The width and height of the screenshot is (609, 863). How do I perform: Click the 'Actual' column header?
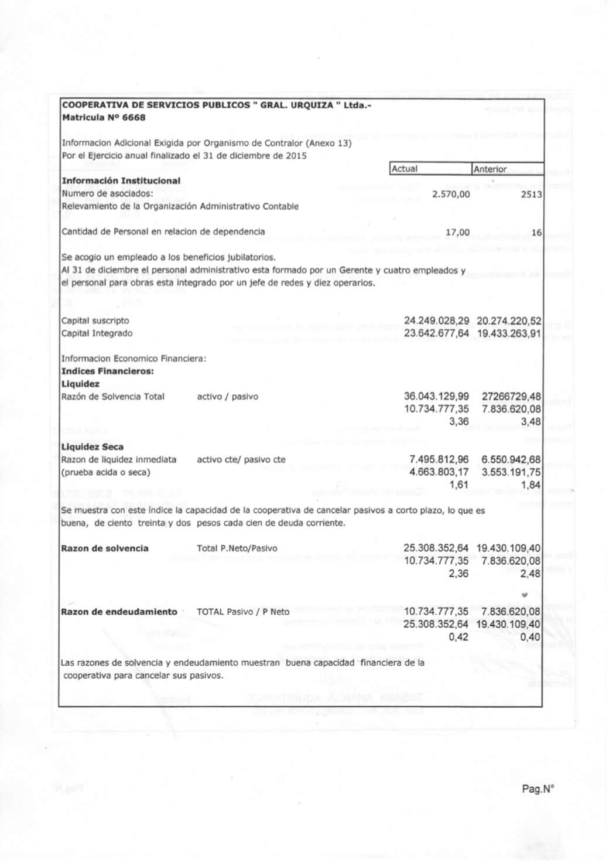click(405, 169)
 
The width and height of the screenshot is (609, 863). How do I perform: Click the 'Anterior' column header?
click(490, 169)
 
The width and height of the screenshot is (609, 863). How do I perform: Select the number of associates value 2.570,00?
click(450, 194)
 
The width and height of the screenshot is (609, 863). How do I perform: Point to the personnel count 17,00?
click(457, 232)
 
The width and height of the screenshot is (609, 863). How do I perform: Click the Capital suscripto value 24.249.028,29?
click(436, 321)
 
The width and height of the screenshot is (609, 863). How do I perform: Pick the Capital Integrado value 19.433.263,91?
click(509, 333)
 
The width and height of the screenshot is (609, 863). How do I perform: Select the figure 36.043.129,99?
click(436, 397)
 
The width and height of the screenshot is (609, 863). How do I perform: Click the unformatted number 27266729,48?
click(511, 397)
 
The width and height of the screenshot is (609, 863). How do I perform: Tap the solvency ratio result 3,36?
click(459, 422)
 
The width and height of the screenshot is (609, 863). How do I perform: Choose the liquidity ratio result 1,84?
click(531, 485)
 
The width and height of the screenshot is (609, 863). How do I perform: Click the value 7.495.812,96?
click(439, 459)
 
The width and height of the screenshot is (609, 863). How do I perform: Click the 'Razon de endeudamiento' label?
click(119, 612)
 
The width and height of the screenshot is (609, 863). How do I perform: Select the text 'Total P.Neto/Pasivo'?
click(237, 548)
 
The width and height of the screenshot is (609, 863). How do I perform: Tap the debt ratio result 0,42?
click(459, 637)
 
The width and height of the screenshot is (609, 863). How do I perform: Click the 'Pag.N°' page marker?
click(538, 789)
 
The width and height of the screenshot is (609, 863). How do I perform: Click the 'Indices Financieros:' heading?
click(108, 371)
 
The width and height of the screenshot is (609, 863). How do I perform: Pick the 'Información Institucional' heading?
click(121, 181)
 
